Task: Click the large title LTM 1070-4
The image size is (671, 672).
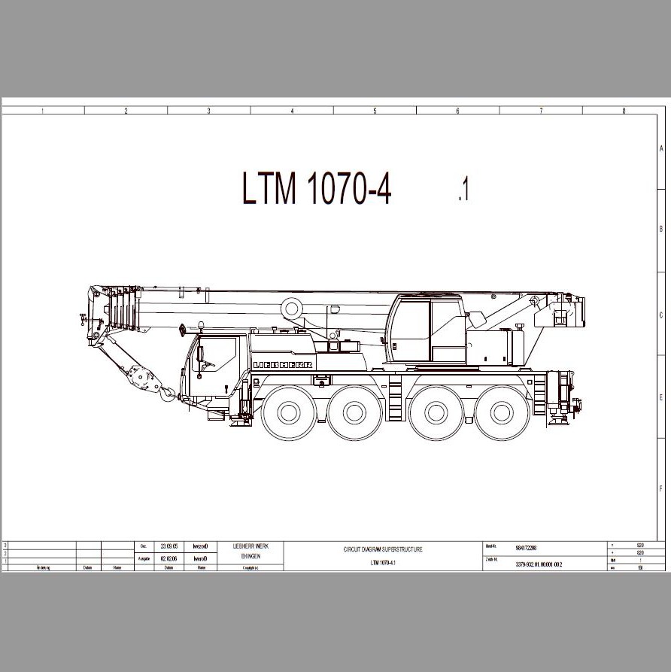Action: [317, 188]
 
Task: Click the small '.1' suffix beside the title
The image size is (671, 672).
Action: [463, 190]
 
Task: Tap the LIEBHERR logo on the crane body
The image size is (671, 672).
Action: [282, 364]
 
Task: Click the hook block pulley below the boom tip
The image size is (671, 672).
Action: [139, 374]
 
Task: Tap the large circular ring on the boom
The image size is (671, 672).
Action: [292, 307]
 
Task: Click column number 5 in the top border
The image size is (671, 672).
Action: [375, 111]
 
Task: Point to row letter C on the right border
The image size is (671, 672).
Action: [661, 316]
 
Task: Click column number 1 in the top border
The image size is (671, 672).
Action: [43, 111]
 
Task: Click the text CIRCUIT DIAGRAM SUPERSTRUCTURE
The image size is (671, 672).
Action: [383, 549]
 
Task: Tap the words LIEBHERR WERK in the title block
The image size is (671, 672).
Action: [250, 546]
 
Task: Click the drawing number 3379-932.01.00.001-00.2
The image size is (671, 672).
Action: [539, 564]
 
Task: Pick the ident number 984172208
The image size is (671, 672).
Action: [526, 549]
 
